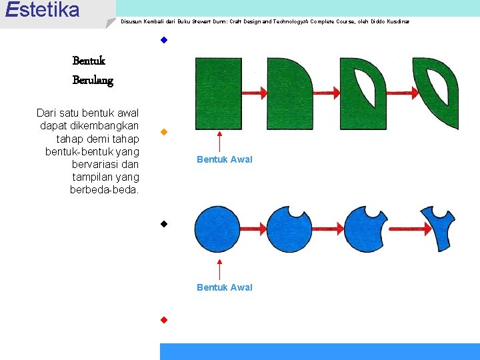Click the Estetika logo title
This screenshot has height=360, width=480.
(41, 10)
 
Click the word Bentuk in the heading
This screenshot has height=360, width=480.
(89, 61)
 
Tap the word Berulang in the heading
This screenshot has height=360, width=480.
(93, 81)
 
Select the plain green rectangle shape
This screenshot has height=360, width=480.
(218, 93)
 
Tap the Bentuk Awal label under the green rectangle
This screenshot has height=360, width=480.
(225, 159)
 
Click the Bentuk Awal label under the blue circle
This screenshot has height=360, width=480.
(225, 287)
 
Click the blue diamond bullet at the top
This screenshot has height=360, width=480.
(163, 40)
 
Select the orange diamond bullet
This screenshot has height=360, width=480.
(163, 132)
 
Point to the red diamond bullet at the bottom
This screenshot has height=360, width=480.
(163, 319)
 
